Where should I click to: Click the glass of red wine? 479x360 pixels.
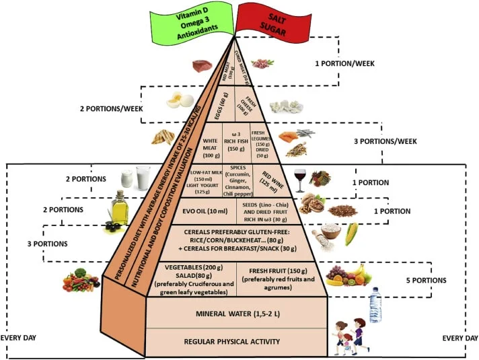pyautogui.click(x=299, y=180)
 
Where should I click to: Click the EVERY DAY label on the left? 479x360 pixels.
pyautogui.click(x=18, y=338)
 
